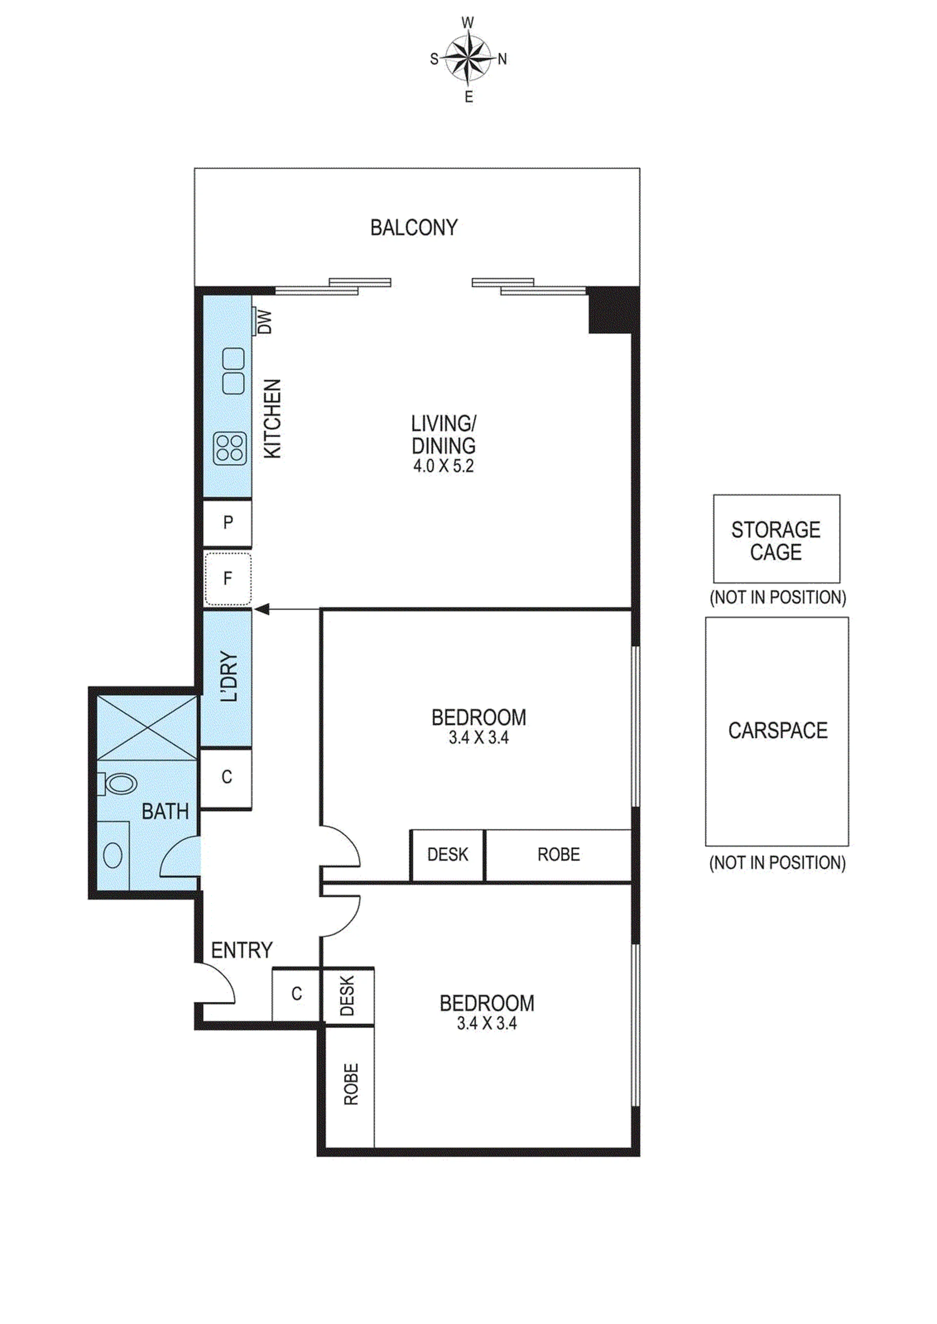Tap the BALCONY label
click(414, 228)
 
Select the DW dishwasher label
click(264, 322)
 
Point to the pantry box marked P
click(228, 523)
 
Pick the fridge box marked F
click(228, 578)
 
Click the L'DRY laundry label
click(229, 676)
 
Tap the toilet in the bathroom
click(117, 784)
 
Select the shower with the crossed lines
click(148, 728)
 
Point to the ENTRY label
click(241, 950)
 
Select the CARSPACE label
click(778, 731)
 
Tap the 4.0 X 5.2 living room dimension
click(443, 466)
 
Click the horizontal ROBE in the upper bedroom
click(559, 854)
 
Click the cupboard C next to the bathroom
click(227, 777)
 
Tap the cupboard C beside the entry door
click(296, 993)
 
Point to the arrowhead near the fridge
click(262, 609)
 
